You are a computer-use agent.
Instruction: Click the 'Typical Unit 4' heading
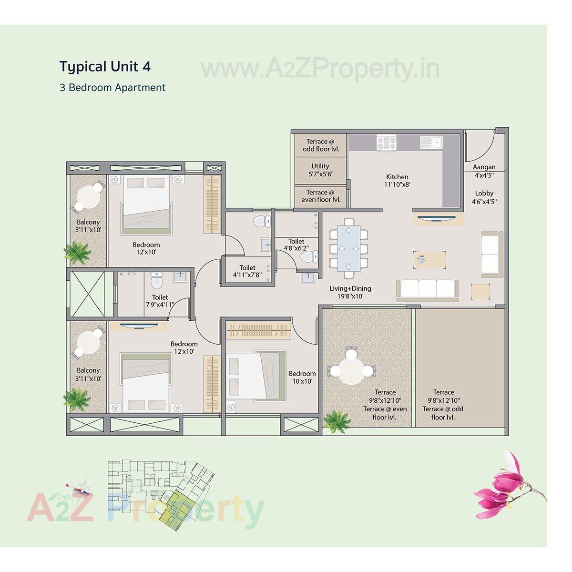click(x=105, y=66)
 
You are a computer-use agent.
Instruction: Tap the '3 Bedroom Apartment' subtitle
click(x=112, y=88)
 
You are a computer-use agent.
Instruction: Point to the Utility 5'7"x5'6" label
click(x=320, y=170)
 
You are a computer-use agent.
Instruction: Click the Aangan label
click(x=484, y=171)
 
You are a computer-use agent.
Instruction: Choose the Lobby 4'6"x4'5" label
click(x=484, y=197)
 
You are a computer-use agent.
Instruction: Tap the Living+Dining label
click(x=350, y=292)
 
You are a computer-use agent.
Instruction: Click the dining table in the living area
click(x=349, y=248)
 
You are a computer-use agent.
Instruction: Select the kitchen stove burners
click(x=387, y=142)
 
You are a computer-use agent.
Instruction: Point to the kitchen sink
click(x=431, y=142)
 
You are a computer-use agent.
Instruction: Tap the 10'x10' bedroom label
click(x=302, y=378)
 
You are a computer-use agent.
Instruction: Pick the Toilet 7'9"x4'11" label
click(x=160, y=301)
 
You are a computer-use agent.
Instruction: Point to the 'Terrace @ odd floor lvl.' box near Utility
click(x=320, y=145)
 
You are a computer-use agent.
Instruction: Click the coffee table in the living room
click(x=430, y=259)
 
